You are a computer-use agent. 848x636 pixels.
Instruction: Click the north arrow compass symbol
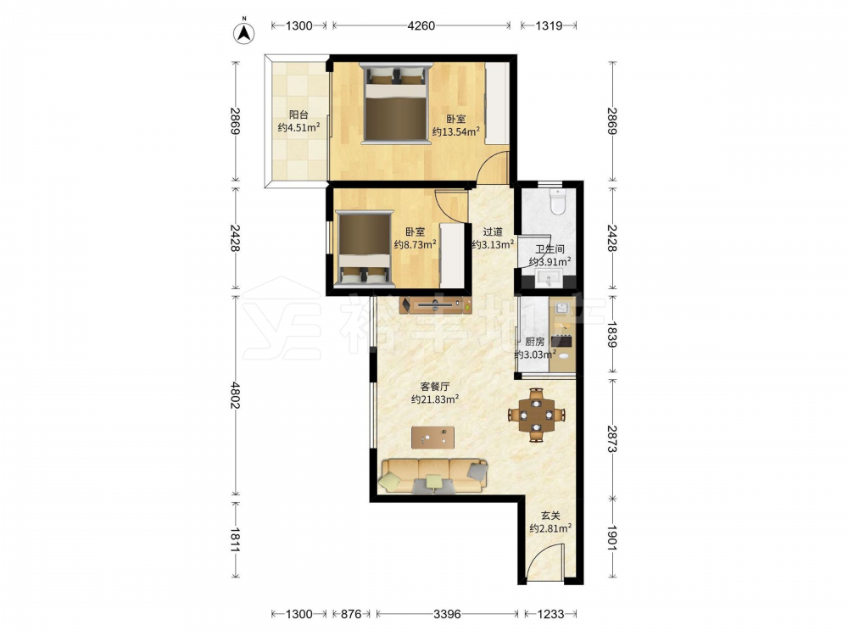[x=244, y=31]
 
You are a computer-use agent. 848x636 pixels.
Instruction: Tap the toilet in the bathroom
[x=556, y=202]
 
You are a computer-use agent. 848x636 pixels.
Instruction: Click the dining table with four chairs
[x=536, y=415]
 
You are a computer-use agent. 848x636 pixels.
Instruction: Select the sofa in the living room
[x=433, y=476]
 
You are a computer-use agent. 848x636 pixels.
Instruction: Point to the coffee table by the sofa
[x=432, y=437]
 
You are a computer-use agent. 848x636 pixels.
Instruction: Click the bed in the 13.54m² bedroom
[x=396, y=103]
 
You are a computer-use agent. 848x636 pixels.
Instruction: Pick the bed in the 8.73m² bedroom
[x=364, y=248]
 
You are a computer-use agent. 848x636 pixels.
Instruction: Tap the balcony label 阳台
[x=298, y=114]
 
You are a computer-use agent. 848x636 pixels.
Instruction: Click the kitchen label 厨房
[x=535, y=342]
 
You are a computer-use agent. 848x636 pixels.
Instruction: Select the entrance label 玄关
[x=550, y=516]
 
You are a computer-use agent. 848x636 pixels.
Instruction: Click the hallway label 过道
[x=492, y=232]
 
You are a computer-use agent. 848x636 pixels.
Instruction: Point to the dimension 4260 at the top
[x=421, y=25]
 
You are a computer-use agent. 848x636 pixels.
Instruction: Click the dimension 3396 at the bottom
[x=447, y=614]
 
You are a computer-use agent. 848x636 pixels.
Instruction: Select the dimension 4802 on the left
[x=235, y=395]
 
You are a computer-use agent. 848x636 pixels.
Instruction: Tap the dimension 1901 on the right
[x=611, y=538]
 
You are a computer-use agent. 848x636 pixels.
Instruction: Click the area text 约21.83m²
[x=435, y=399]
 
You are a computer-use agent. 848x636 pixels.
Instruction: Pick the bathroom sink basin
[x=549, y=280]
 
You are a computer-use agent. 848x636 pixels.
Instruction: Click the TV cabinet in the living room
[x=435, y=305]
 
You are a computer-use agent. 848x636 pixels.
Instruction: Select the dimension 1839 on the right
[x=611, y=334]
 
